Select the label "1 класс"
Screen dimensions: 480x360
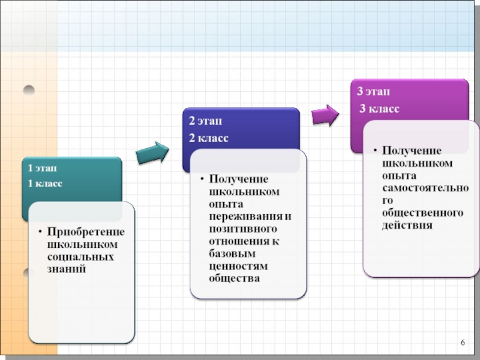45,183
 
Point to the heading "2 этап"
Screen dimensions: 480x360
205,121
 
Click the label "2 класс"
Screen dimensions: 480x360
208,139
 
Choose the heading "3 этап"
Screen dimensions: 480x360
373,91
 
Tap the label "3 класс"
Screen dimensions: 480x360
379,108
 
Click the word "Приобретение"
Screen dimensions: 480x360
86,232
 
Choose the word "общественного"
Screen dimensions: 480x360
423,213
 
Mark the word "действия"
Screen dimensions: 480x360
407,226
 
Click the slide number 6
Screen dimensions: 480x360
463,342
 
